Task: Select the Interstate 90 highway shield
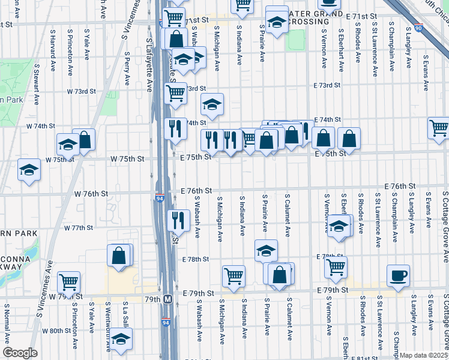pos(418,28)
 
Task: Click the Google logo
pos(20,353)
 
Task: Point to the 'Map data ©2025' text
pos(424,355)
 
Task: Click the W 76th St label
pos(91,194)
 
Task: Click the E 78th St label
pos(195,259)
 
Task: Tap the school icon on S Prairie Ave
pos(266,250)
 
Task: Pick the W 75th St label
pos(127,159)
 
